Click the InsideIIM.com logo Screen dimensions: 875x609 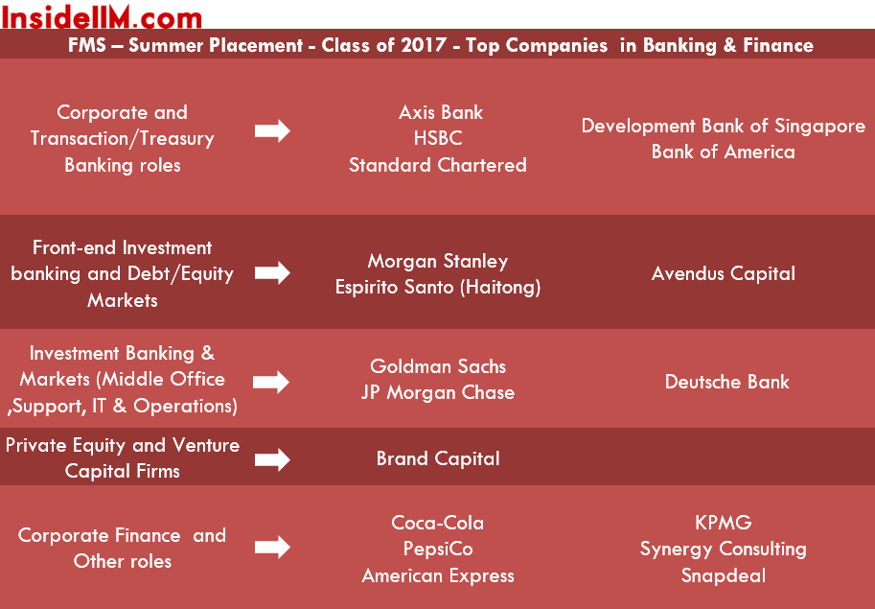click(101, 16)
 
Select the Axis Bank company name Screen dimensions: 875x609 click(440, 112)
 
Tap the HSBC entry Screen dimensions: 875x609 click(438, 138)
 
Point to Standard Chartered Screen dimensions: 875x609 click(438, 165)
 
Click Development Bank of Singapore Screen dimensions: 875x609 click(724, 127)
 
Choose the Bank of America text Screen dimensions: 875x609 click(724, 152)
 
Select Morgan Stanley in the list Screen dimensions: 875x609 click(438, 261)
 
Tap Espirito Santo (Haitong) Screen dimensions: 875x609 click(438, 287)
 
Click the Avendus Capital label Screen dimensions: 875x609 click(724, 273)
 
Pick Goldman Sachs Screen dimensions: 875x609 click(438, 366)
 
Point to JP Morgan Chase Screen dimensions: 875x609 click(438, 392)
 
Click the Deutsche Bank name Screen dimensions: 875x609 click(727, 382)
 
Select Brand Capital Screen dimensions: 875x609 click(438, 458)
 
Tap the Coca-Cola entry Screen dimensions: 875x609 click(438, 523)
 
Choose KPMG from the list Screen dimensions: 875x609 click(724, 523)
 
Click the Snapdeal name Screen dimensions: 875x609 click(724, 575)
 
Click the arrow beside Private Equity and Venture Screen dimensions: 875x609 click(272, 460)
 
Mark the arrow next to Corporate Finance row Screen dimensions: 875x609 click(272, 547)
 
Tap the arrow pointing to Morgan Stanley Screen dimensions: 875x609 click(272, 273)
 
